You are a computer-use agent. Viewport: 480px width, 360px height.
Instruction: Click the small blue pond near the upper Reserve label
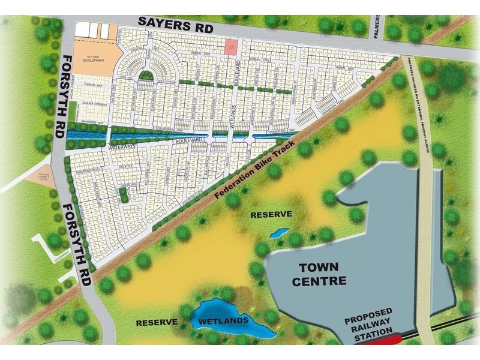pos(278,232)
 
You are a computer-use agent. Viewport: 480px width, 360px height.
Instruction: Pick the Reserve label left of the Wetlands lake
pos(157,322)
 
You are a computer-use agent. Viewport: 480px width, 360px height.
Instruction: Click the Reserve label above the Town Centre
pos(271,214)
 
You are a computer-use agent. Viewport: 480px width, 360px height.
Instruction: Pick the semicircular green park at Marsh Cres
pos(144,75)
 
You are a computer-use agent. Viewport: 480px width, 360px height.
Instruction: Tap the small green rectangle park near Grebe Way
pos(123,195)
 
